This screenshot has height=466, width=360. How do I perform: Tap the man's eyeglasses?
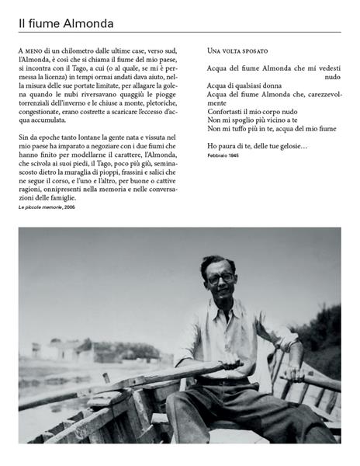click(x=220, y=277)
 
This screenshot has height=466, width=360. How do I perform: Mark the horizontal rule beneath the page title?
click(x=179, y=33)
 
